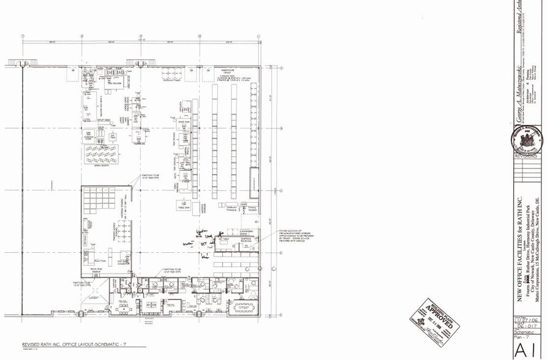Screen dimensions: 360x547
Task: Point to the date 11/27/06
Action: click(x=526, y=320)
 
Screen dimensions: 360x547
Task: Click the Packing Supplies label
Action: click(x=251, y=209)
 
